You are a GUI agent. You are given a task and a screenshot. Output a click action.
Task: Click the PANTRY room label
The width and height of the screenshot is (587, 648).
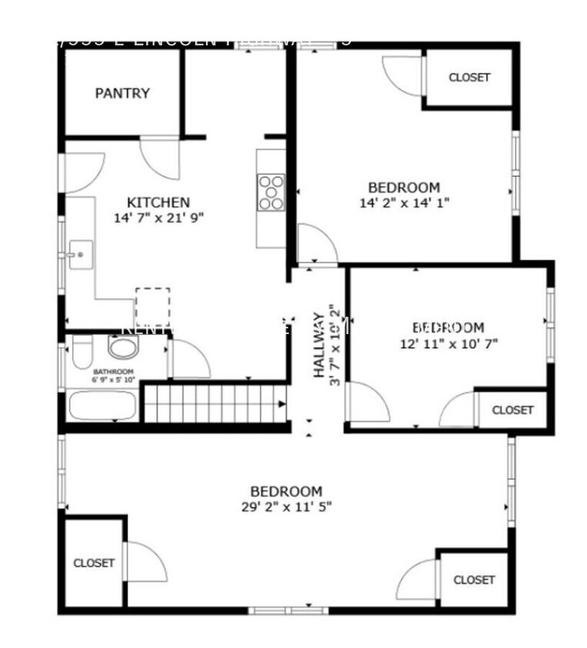point(122,93)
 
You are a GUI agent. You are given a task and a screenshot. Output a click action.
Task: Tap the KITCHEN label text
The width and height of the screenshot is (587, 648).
point(158,202)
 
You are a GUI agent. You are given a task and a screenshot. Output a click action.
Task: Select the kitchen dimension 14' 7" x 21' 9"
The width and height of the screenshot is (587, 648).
point(158,217)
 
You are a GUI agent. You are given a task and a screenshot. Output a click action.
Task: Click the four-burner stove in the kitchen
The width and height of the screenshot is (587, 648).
point(270,192)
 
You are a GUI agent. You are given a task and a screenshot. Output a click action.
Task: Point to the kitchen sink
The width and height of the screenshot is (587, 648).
point(80,253)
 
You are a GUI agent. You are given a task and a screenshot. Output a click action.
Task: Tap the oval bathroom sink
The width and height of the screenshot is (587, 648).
point(121,347)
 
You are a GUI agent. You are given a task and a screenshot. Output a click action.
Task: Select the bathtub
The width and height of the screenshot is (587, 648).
point(103,405)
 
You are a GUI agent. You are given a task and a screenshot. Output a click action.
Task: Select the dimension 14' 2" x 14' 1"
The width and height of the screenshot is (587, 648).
point(404,203)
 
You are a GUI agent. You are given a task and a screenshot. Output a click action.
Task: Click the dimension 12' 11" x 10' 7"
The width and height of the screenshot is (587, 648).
point(449,343)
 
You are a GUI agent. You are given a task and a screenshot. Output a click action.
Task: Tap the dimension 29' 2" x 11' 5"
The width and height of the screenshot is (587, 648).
point(286,506)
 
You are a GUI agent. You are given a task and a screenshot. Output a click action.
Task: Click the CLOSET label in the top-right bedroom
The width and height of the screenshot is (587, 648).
point(469,78)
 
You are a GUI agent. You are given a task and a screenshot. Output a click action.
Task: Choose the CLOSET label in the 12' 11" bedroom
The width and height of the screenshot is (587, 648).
point(512,410)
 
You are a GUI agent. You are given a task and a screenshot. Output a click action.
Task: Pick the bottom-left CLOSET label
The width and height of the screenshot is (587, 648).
point(94,563)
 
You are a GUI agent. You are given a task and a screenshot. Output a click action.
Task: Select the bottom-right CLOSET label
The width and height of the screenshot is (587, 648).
point(474,580)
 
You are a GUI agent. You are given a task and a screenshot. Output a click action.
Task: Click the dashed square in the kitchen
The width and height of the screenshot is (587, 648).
point(153,306)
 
